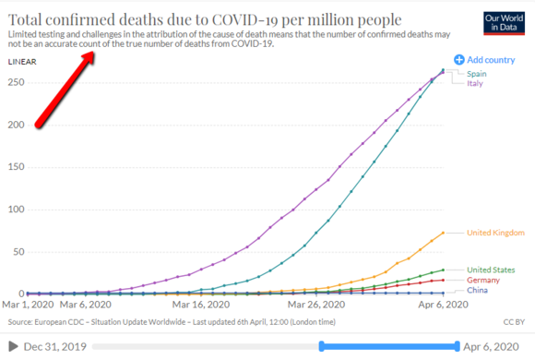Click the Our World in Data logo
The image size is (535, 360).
(504, 23)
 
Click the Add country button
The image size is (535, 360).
(484, 60)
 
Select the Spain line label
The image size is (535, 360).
(477, 74)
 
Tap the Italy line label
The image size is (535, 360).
(475, 83)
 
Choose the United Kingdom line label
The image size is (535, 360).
(495, 233)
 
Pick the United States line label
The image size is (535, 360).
(491, 270)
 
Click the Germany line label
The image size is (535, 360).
(483, 280)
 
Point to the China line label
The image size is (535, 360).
(477, 290)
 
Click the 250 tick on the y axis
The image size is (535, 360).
(16, 82)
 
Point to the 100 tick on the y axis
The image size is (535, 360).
(16, 210)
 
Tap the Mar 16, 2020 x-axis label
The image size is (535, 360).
(201, 305)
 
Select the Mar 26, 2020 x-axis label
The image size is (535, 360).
(316, 305)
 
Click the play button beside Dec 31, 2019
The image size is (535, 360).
(13, 346)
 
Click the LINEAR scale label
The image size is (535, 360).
(22, 62)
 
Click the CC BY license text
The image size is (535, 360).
(514, 322)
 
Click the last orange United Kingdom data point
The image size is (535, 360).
(443, 233)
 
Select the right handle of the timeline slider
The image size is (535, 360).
(458, 346)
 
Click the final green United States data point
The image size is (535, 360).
(443, 270)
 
